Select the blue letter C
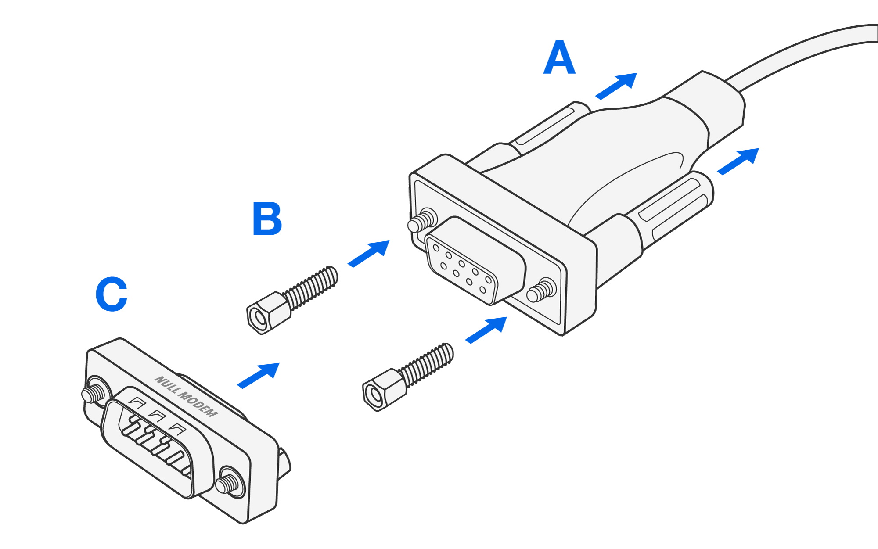tap(112, 294)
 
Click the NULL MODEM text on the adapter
tap(186, 396)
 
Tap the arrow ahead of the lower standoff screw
tap(486, 330)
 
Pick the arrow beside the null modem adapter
tap(259, 375)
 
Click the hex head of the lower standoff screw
tap(384, 389)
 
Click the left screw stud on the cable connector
tap(421, 221)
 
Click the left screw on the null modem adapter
tap(94, 392)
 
